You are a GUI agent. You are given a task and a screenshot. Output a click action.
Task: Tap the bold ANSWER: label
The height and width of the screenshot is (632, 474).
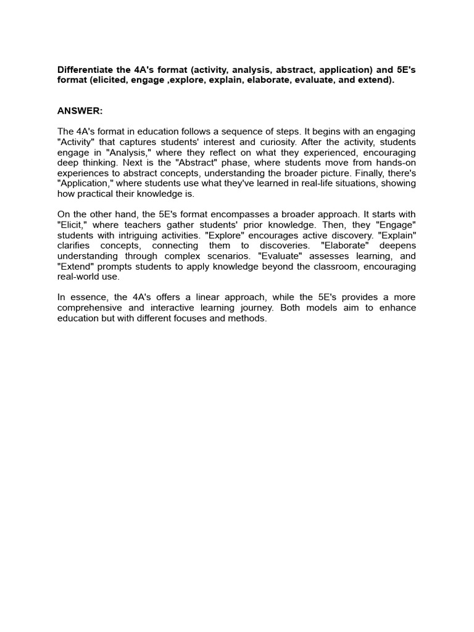(80, 110)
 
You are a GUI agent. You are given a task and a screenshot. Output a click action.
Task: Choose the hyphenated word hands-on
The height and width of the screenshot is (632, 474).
(397, 163)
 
